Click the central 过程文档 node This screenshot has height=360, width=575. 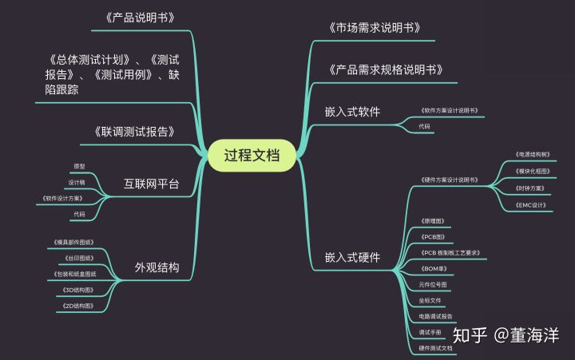(252, 155)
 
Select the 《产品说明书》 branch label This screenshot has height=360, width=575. (140, 18)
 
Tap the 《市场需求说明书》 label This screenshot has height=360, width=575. (375, 28)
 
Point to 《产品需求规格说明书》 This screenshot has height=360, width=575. (386, 69)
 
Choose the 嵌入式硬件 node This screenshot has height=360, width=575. (352, 257)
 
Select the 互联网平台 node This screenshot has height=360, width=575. (152, 184)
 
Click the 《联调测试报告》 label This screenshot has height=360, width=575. (134, 132)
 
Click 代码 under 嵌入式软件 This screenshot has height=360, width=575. (424, 127)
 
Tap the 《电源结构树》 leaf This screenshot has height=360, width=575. (533, 154)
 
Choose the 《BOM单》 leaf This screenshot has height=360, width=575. (432, 268)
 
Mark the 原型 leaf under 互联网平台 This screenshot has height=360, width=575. (79, 166)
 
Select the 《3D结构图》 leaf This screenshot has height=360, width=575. (78, 289)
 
